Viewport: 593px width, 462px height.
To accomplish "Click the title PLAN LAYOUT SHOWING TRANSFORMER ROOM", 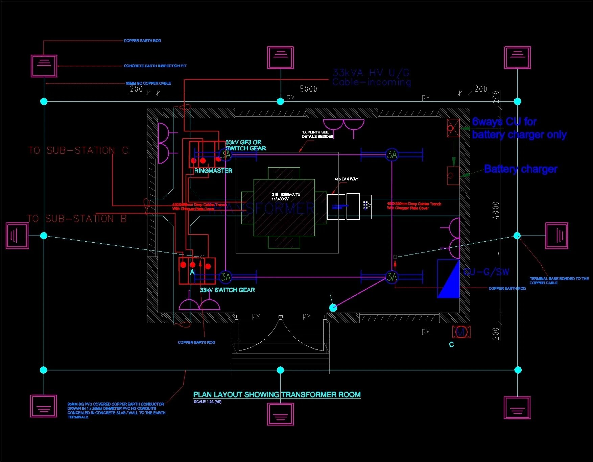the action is [277, 394].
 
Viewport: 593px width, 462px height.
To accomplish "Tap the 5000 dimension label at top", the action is [308, 89].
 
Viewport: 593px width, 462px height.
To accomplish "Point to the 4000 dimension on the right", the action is [496, 210].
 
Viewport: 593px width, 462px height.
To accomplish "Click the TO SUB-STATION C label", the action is [78, 150].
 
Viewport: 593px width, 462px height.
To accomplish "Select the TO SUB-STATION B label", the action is [77, 219].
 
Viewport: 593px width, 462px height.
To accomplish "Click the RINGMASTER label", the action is [213, 171].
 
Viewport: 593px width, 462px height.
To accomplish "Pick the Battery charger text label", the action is [520, 169].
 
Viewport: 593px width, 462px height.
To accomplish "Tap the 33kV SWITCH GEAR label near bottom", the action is [227, 290].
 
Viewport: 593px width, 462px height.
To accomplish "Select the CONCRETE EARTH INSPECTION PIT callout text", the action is [155, 66].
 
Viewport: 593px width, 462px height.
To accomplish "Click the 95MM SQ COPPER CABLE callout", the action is [148, 83].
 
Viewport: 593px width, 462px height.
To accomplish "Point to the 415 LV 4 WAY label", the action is [346, 179].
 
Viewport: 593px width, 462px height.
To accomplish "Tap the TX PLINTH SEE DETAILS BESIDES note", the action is [317, 134].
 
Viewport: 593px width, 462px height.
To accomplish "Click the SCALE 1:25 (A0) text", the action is [207, 402].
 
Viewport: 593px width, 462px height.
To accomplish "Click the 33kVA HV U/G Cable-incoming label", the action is [371, 77].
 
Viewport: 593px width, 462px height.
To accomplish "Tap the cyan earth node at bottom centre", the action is [280, 370].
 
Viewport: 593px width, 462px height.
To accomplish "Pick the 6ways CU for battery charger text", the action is [519, 128].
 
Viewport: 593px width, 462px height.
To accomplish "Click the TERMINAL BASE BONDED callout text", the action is [559, 281].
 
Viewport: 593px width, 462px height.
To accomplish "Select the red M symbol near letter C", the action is [461, 332].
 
